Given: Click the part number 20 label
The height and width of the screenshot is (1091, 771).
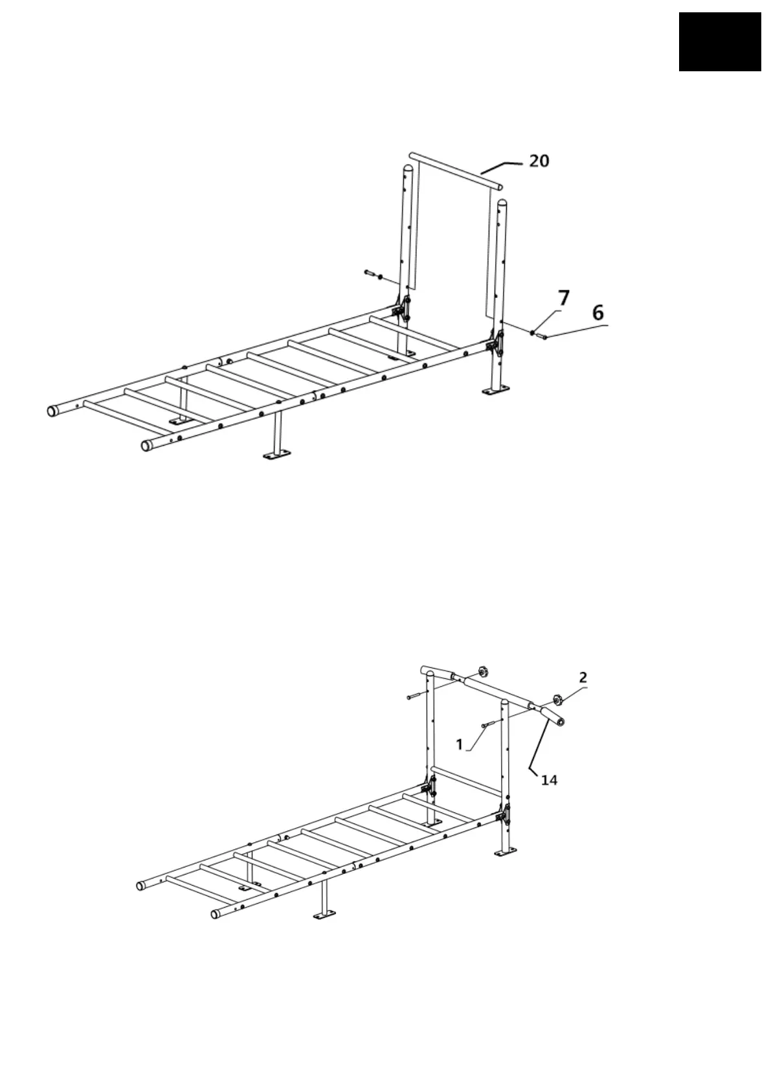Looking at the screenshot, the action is click(x=539, y=160).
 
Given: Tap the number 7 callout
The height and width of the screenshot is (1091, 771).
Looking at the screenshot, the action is click(x=564, y=299).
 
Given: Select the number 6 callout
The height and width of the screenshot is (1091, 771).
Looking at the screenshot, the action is click(x=598, y=313).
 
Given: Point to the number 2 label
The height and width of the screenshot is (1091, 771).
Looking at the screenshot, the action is click(x=583, y=678).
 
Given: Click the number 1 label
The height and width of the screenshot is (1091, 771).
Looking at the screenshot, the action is click(x=460, y=745).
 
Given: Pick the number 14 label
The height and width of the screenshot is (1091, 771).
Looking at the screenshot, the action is click(x=549, y=781).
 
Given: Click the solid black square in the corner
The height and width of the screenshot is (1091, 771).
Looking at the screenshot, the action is click(x=720, y=41).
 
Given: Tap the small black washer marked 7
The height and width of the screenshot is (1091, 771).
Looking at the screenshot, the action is click(x=533, y=333).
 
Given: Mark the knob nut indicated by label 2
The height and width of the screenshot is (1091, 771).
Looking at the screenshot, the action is click(x=556, y=700).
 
